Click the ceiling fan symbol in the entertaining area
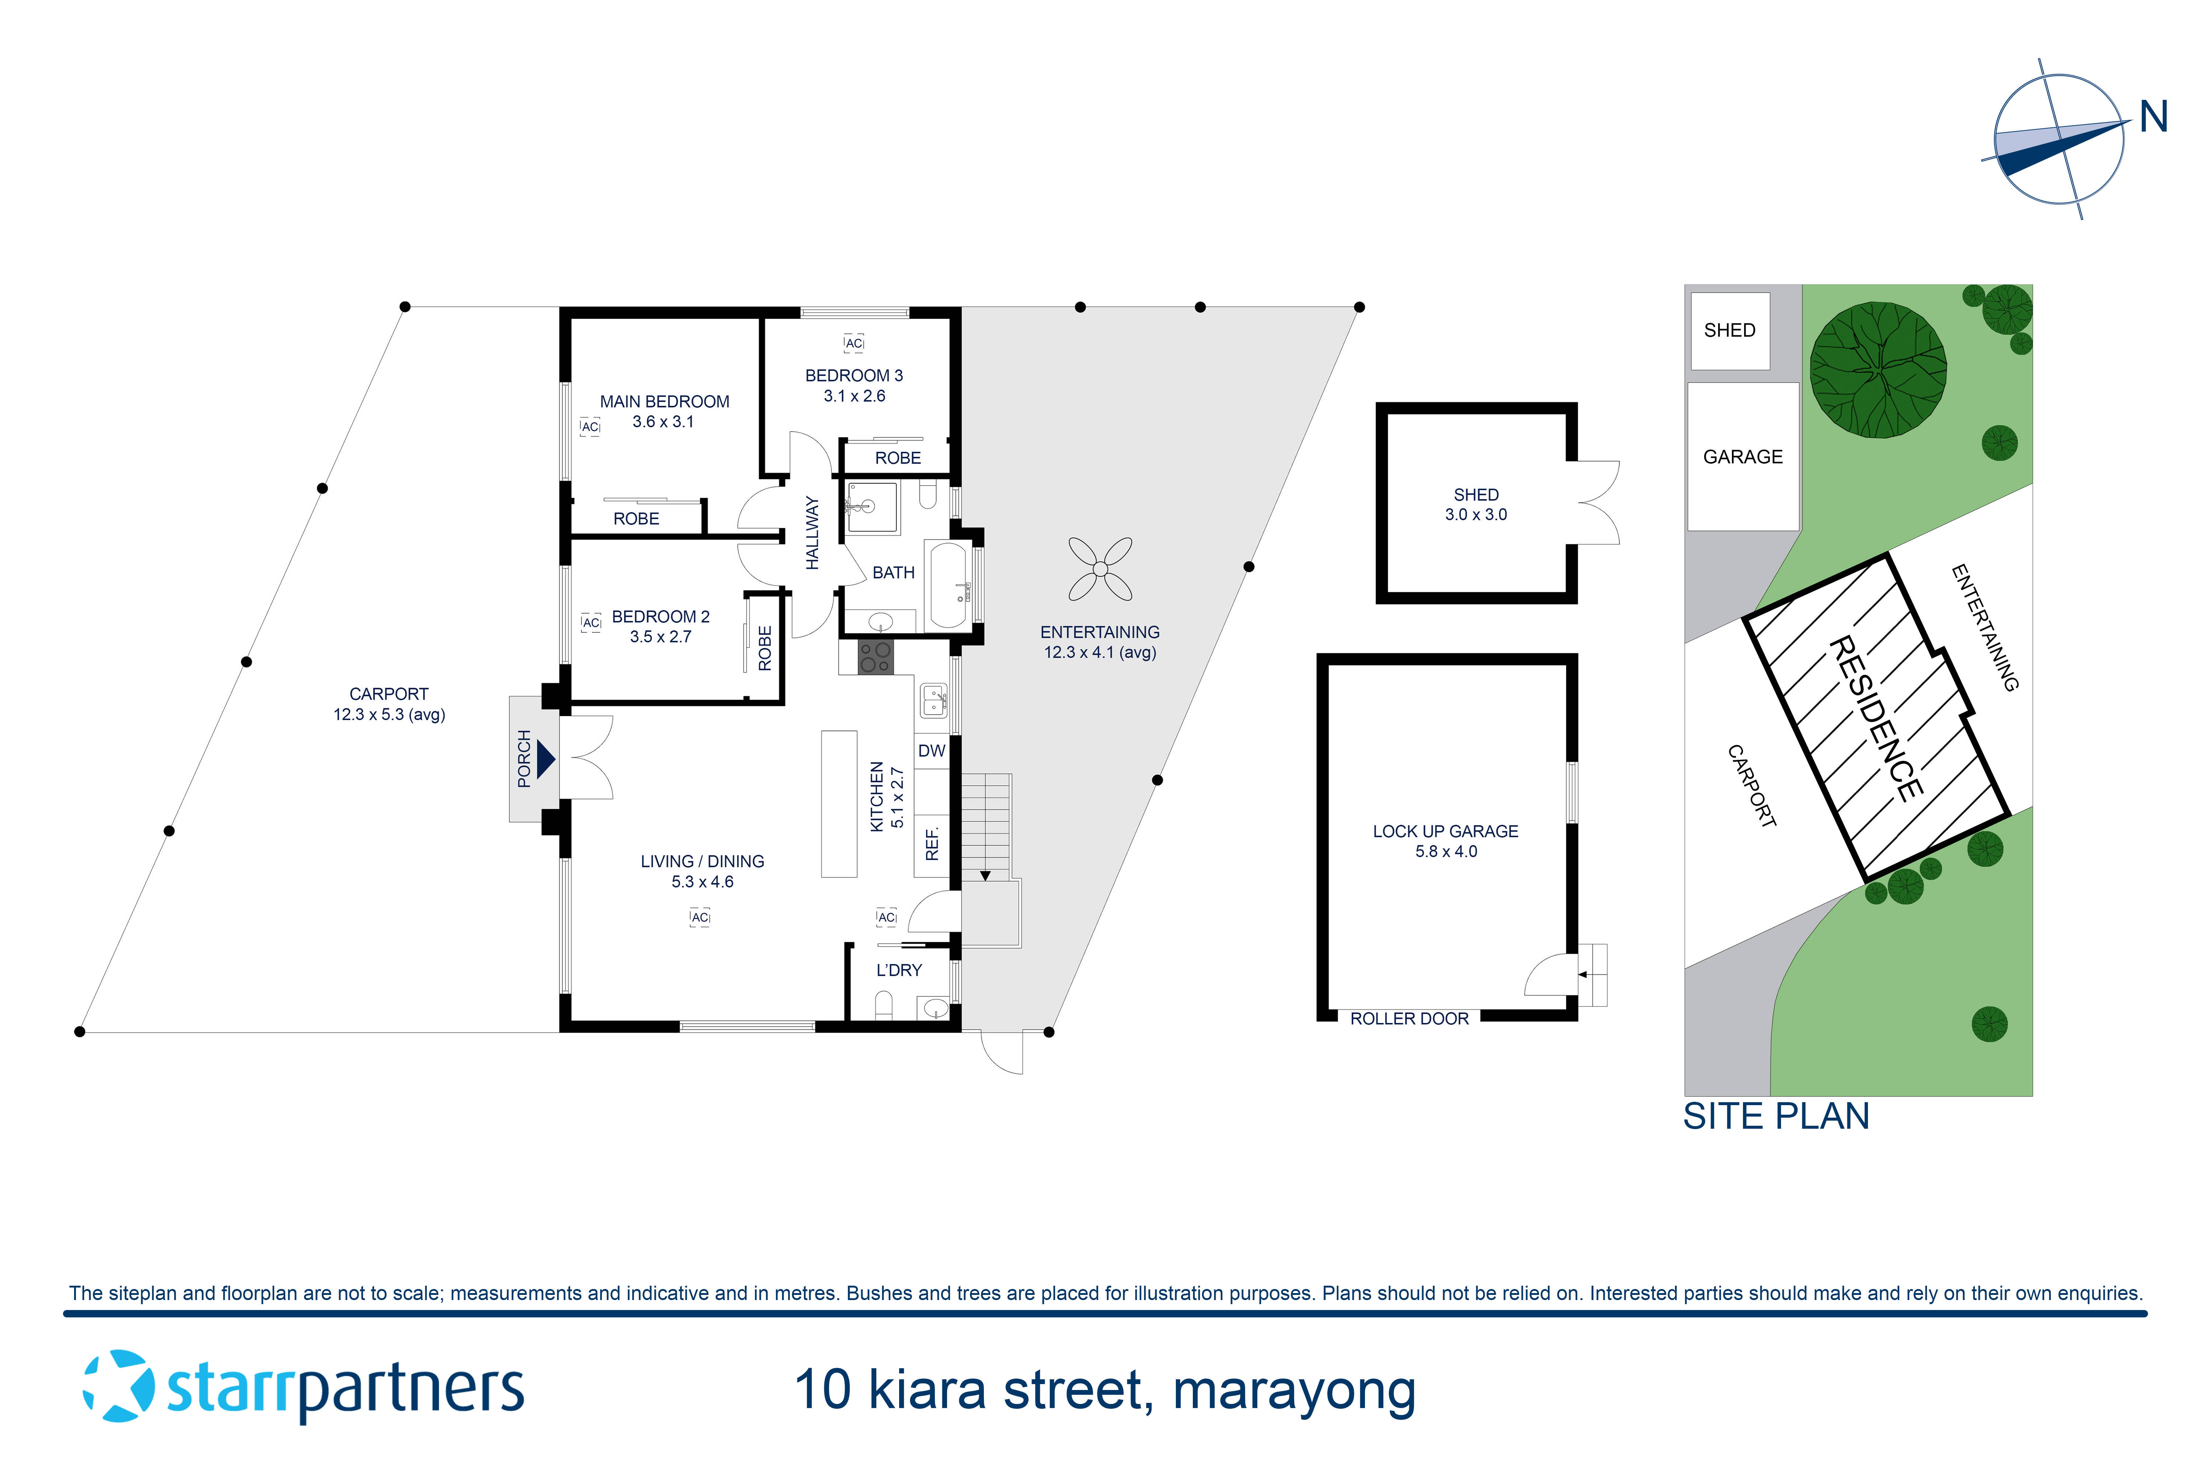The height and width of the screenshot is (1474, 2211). pyautogui.click(x=1100, y=569)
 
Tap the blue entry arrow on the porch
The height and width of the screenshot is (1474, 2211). pyautogui.click(x=545, y=759)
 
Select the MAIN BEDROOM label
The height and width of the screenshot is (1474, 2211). pyautogui.click(x=665, y=401)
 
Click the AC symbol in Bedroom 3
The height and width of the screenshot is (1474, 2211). pyautogui.click(x=853, y=344)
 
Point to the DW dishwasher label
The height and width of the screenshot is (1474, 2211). pyautogui.click(x=932, y=751)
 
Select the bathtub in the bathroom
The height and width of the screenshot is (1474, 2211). pyautogui.click(x=950, y=585)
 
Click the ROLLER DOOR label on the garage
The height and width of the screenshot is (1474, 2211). pyautogui.click(x=1409, y=1019)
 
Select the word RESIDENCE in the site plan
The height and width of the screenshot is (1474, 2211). pyautogui.click(x=1875, y=719)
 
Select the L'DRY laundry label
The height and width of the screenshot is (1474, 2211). pyautogui.click(x=899, y=970)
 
